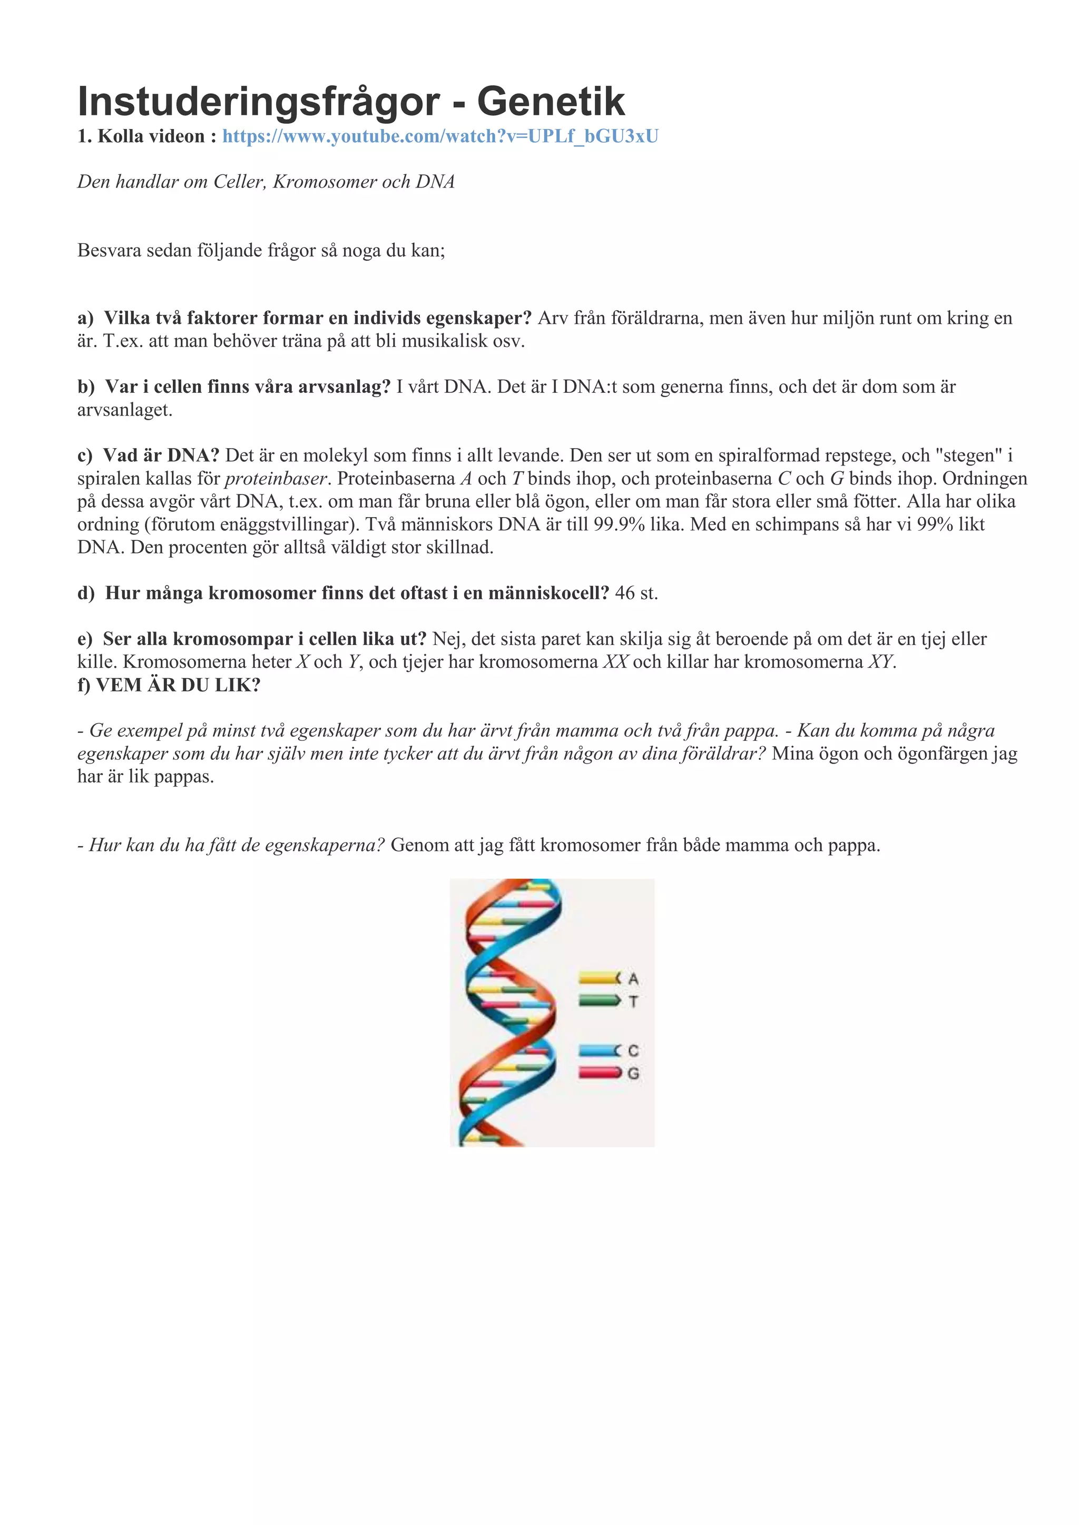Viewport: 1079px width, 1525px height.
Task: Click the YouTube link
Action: (440, 136)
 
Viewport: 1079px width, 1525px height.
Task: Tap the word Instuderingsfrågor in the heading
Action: (259, 102)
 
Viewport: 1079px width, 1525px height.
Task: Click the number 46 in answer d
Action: (624, 593)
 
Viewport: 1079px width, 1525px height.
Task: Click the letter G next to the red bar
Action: (633, 1073)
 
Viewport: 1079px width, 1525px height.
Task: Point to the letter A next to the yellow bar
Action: (633, 978)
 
